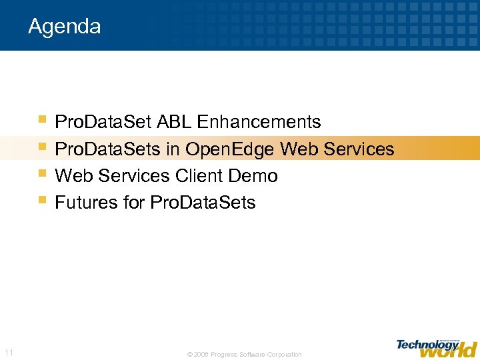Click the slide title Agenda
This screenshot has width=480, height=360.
(x=65, y=27)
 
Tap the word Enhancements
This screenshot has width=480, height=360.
(x=259, y=123)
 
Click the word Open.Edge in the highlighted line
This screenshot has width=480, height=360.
(x=231, y=149)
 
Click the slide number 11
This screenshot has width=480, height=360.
(x=9, y=352)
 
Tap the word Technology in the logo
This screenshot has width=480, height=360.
(x=427, y=344)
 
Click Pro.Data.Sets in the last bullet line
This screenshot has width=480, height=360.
(x=203, y=203)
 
